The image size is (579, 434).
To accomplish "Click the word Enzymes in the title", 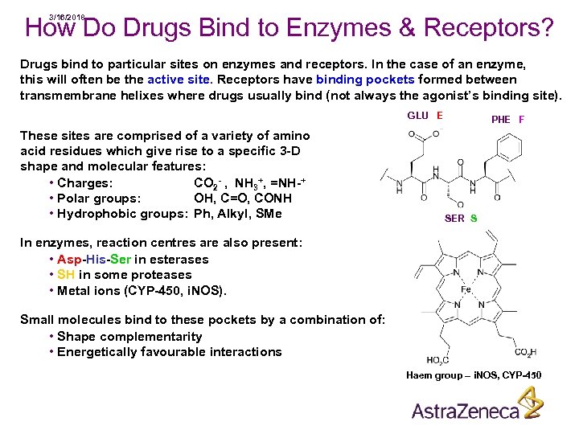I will coord(351,29).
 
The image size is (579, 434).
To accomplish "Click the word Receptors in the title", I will coord(488,29).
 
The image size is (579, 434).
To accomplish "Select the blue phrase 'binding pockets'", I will coord(365,80).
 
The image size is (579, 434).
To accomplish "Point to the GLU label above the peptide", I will coord(417,116).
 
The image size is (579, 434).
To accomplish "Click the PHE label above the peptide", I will coord(501,120).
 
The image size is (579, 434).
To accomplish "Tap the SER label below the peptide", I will coord(454,219).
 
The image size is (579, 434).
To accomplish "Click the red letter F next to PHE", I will coord(522,120).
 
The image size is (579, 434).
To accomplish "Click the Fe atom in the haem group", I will coord(466,290).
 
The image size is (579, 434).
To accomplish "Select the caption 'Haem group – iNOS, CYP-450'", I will coord(474,375).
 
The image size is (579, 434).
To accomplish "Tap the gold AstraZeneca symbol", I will coord(529,403).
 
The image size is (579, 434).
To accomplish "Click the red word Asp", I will coord(69,260).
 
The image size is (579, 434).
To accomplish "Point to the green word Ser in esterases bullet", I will coord(120,260).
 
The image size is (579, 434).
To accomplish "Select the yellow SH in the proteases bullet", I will coord(66,275).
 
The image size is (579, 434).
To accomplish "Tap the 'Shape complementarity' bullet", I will coord(129,337).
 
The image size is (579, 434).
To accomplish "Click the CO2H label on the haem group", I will coord(525,352).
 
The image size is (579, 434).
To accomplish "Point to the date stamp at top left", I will coord(67,17).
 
